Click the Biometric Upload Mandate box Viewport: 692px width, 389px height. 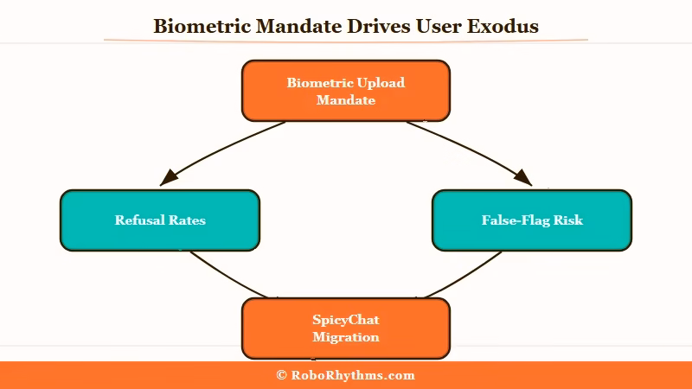click(346, 91)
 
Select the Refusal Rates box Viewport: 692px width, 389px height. click(160, 220)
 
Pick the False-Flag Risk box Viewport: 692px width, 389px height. click(532, 220)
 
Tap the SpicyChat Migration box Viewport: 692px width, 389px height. click(346, 328)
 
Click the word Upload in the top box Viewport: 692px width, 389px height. click(381, 83)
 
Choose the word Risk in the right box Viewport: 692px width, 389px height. click(567, 220)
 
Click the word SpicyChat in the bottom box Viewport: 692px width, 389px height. click(346, 320)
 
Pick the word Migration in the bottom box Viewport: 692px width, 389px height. click(346, 336)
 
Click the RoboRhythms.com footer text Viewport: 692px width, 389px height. click(353, 375)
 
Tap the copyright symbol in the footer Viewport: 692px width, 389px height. click(281, 375)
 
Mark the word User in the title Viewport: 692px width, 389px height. click(437, 26)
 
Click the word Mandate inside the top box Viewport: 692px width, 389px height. click(346, 99)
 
